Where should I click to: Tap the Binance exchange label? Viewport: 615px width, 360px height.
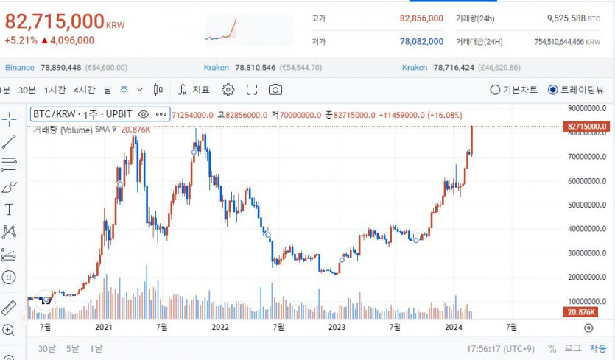tap(20, 68)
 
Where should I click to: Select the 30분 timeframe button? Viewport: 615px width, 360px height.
tap(27, 90)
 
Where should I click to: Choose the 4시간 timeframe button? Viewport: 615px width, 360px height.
tap(85, 90)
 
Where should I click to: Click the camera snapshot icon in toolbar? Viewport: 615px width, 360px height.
tap(275, 90)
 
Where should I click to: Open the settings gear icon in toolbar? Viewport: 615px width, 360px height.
tap(228, 90)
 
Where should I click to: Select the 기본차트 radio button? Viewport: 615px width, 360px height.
tap(496, 90)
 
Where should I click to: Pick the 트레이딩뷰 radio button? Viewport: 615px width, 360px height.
tap(553, 90)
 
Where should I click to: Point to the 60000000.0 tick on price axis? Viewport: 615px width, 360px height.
tap(588, 181)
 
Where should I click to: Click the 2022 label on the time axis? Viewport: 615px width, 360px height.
tap(220, 327)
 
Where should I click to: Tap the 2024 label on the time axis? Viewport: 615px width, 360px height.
tap(454, 327)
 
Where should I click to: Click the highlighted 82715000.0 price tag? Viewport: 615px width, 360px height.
tap(587, 127)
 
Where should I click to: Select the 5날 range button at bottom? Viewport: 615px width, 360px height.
tap(72, 348)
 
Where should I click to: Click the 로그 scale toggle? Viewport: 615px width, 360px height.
tap(572, 348)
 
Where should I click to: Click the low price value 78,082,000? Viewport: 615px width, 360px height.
tap(421, 42)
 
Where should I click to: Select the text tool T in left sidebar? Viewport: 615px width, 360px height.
tap(9, 210)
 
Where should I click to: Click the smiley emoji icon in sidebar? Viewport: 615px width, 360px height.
tap(9, 278)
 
